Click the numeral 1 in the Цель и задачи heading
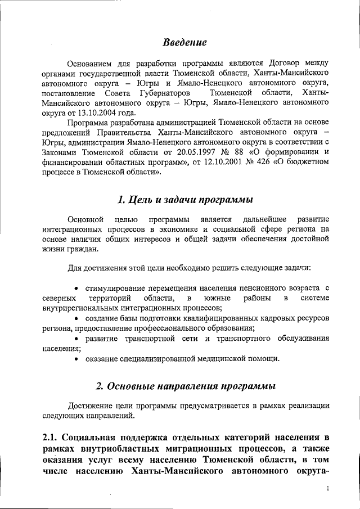121,200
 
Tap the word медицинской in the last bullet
211,359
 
